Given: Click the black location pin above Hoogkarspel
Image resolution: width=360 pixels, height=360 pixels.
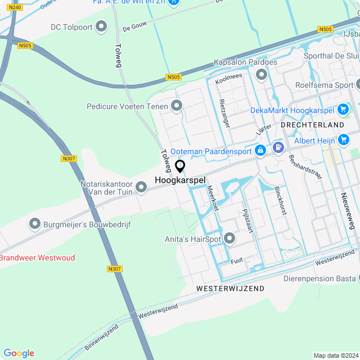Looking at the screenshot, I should [180, 166].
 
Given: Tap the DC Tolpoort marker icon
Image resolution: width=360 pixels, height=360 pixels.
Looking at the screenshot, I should [101, 26].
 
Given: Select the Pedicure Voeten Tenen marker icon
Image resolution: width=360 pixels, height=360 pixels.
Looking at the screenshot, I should [177, 106].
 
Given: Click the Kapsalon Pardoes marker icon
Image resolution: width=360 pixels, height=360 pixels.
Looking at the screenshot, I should [260, 74].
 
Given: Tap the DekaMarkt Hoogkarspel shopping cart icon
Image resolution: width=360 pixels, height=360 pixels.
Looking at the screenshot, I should [343, 110].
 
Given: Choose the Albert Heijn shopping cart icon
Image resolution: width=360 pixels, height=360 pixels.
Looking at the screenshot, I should [344, 139].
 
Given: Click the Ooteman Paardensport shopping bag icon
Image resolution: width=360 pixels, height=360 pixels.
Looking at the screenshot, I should [260, 150].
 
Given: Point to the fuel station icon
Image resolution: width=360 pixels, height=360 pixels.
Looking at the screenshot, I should [277, 147].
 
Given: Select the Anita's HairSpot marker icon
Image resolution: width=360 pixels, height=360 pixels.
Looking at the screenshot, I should [229, 238].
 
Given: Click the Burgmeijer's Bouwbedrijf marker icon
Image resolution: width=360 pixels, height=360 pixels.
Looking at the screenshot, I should [35, 224].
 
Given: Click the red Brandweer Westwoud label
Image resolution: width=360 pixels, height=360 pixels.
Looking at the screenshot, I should [37, 258].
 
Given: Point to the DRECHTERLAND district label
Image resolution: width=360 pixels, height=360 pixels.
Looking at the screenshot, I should [312, 124].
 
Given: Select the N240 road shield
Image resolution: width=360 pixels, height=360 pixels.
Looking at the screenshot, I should [15, 7].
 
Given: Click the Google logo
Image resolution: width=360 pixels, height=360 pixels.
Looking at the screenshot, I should [19, 353].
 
